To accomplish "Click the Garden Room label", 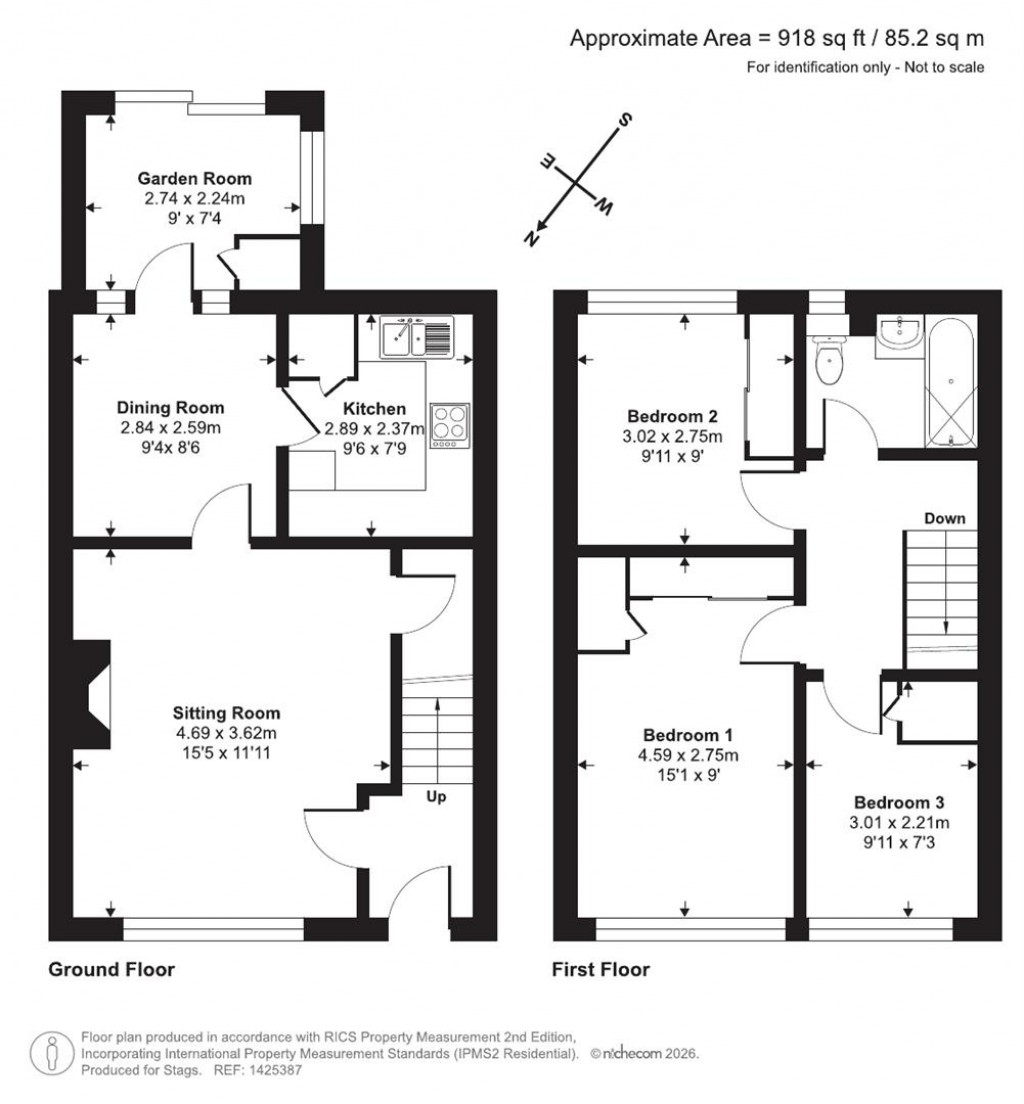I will click(x=194, y=179).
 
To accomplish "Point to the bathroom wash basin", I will click(x=901, y=337).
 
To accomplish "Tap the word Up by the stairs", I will click(x=436, y=797).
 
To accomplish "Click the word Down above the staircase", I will click(x=944, y=518).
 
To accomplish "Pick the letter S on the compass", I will click(x=626, y=121).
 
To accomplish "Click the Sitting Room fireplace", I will click(x=96, y=693).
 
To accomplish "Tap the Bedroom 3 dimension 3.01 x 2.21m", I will click(x=899, y=823).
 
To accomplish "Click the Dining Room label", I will click(x=170, y=408).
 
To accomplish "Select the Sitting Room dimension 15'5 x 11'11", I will click(x=226, y=751).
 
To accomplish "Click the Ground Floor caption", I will click(x=111, y=969).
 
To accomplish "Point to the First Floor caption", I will click(x=600, y=969).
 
